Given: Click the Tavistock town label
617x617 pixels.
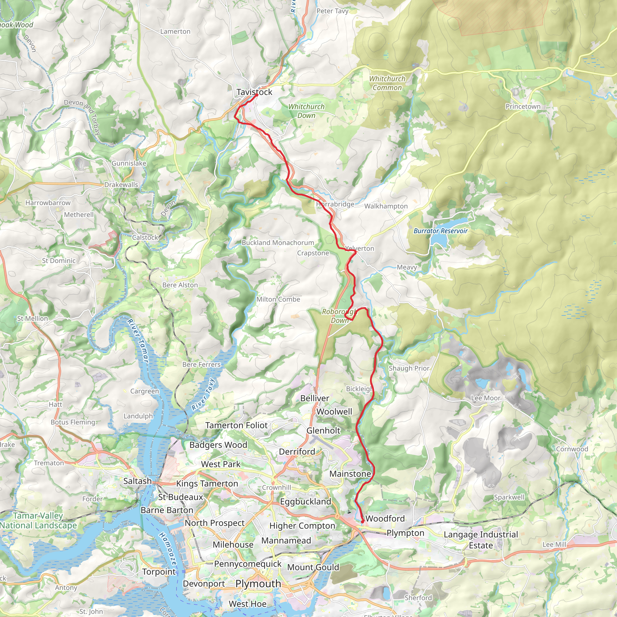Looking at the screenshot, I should point(254,92).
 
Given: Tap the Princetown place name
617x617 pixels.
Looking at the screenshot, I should point(523,106).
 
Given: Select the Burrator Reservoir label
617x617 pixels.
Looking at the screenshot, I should point(440,231).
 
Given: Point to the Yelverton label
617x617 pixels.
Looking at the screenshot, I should point(360,249).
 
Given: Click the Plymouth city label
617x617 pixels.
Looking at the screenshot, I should point(258,584).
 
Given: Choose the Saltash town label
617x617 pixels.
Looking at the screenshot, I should point(137,481).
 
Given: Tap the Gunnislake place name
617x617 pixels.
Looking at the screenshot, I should point(129,163).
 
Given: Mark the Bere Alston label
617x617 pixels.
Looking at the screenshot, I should point(180,285).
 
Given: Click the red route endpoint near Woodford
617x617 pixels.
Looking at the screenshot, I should point(362,522).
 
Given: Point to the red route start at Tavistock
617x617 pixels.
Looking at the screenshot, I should point(257,95).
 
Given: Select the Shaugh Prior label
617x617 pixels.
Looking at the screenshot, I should point(409,368).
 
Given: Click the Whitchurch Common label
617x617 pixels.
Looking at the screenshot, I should point(387,83).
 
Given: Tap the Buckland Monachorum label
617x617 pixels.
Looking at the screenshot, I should point(277,243).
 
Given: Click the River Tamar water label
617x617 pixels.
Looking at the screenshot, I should point(138,341).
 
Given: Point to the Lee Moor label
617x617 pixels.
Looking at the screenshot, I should point(485,398).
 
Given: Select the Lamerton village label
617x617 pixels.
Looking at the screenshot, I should point(175,31).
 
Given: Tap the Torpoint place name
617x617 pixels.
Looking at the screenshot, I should point(159,572).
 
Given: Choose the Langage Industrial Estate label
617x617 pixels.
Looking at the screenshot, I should point(481,540).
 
